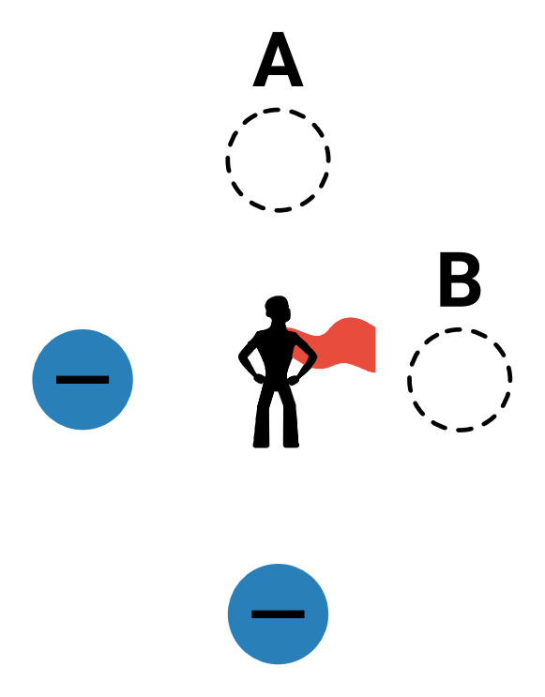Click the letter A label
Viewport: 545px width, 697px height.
278,59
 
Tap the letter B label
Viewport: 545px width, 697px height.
460,280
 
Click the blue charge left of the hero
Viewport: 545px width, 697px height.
83,379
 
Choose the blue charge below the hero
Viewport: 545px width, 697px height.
278,614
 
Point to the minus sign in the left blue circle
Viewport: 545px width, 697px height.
83,380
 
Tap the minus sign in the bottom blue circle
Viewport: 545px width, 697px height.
278,614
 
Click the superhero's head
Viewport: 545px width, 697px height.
278,308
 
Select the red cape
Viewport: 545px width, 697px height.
338,344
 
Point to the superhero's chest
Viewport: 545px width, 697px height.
277,344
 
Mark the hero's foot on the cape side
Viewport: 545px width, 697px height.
291,444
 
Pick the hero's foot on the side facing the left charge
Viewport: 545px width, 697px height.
262,444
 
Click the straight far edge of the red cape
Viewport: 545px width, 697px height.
375,349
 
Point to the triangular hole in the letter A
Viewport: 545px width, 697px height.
278,58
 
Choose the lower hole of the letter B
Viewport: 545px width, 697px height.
459,291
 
